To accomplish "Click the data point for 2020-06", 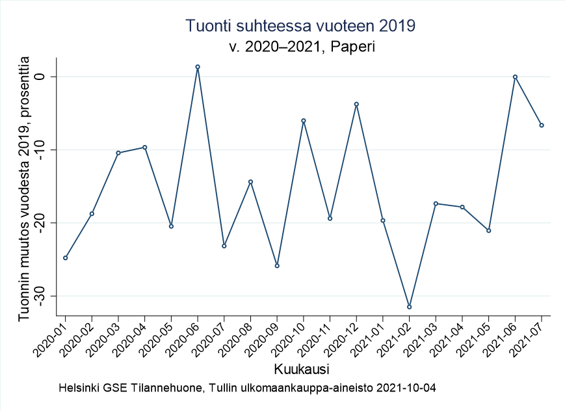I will coord(198,67).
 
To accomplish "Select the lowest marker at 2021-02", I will coord(409,307).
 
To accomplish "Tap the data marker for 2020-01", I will coord(66,258).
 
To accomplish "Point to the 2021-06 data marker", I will coord(515,77).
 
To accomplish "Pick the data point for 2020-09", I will coord(277,266).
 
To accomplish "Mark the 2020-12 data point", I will coord(356,104).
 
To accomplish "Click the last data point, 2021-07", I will coord(542,126).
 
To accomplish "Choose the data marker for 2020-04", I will coord(145,147).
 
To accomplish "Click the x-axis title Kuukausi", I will coord(300,369).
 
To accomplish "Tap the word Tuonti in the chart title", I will coord(207,25).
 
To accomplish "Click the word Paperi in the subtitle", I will coord(356,47).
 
